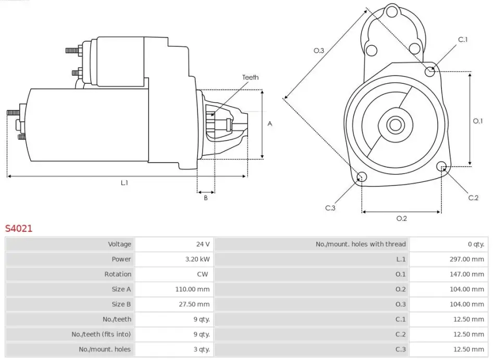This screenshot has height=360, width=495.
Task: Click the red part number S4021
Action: point(19,228)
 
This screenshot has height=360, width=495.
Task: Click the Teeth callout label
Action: point(250,78)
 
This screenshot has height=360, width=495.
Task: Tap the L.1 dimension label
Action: point(125,183)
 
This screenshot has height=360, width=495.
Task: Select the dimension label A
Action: point(269,123)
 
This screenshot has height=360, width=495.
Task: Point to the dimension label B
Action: point(206,197)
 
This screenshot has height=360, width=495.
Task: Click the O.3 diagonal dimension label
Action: point(319,51)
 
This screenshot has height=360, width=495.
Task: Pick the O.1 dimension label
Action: point(478,121)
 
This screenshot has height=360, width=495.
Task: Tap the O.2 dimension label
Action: point(401,218)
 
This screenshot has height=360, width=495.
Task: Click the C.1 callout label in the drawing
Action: point(463,40)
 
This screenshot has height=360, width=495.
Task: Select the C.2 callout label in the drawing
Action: point(473,197)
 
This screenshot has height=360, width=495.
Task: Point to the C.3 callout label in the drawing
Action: point(330,208)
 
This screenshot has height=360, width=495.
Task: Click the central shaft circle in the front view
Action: point(395,125)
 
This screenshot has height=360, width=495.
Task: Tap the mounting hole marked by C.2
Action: point(442,167)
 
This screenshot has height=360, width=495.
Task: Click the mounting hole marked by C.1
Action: point(430,71)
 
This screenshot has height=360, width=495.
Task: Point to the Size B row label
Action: point(121,304)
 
